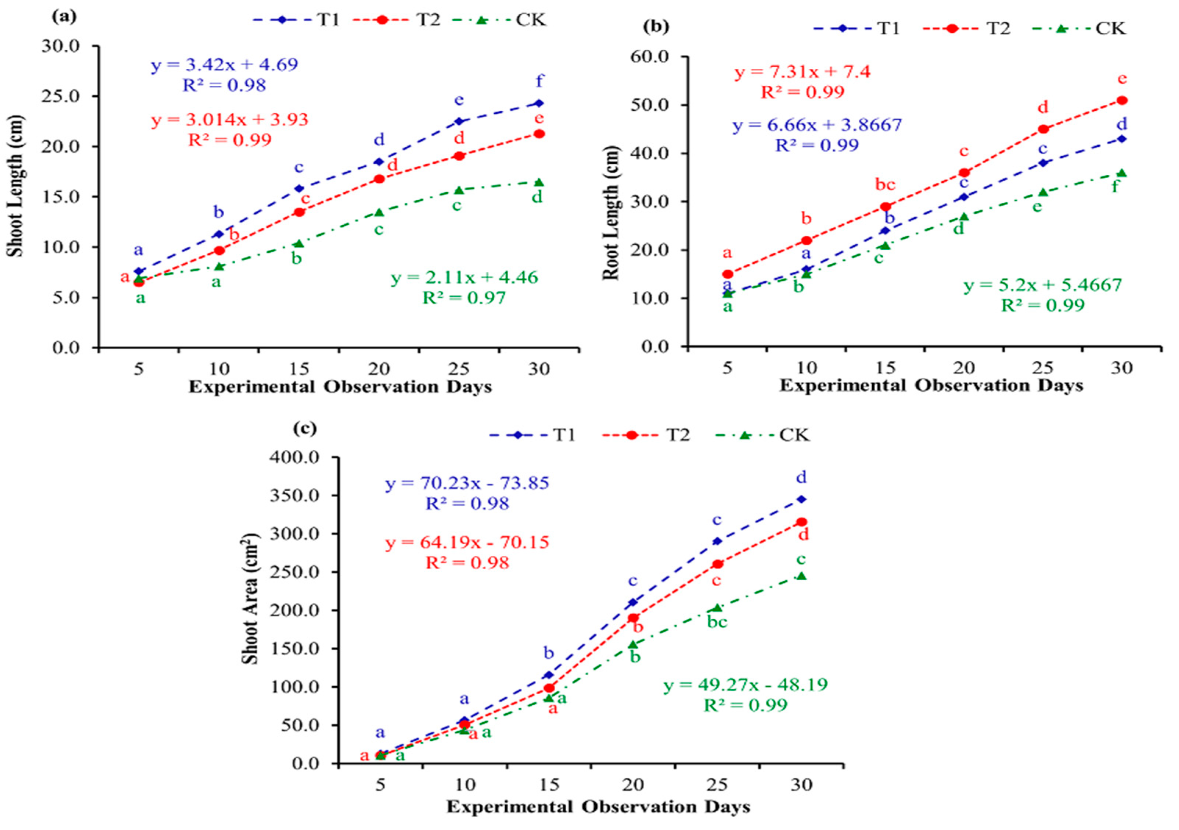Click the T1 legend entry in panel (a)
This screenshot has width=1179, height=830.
(x=297, y=20)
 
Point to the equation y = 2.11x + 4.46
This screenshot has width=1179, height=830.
(x=465, y=278)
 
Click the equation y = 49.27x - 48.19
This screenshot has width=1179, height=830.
(x=745, y=685)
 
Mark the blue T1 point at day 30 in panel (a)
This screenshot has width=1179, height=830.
(x=539, y=103)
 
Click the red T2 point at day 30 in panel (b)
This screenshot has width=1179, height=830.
(x=1122, y=100)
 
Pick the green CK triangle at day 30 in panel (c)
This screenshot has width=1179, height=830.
(x=801, y=576)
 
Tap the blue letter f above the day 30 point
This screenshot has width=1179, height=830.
(x=539, y=81)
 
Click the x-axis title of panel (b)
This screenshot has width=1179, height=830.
(x=931, y=385)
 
